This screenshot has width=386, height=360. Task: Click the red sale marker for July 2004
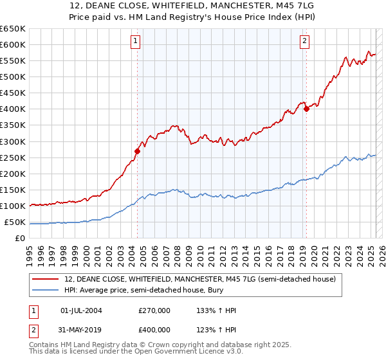tap(137, 151)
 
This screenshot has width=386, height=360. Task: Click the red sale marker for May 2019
tap(306, 109)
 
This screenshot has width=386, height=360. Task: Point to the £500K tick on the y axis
tap(12, 76)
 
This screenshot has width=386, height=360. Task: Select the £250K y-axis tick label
tap(12, 157)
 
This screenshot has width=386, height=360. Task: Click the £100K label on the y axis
tap(12, 206)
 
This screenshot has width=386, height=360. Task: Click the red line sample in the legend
tap(44, 280)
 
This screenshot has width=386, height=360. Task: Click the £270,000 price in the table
tap(154, 310)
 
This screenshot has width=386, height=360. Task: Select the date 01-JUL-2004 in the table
tap(80, 310)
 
